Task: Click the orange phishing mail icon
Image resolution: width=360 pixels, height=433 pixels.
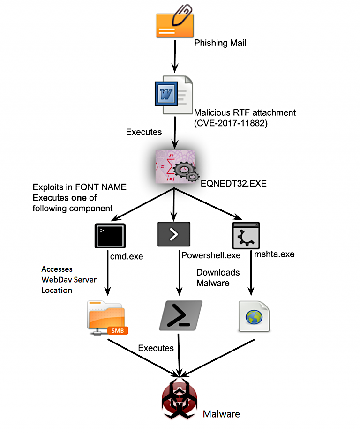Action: pos(175,25)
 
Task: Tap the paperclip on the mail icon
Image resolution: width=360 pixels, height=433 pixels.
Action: pos(182,15)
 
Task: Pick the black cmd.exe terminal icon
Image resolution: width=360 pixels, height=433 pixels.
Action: pos(110,236)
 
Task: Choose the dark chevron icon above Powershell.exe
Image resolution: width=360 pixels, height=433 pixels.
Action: pos(174,234)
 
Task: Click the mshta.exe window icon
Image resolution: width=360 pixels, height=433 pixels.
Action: pos(246,235)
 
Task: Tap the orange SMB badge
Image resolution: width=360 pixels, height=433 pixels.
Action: pos(118,330)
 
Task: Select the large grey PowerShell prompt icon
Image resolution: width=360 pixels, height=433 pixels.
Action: pos(180,315)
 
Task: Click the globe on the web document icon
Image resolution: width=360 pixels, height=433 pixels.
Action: pos(254,317)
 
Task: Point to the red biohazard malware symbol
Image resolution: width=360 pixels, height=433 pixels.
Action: pos(180,399)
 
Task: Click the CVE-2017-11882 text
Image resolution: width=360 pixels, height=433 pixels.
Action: pos(231,123)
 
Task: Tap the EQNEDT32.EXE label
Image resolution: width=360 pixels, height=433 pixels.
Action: pos(233,183)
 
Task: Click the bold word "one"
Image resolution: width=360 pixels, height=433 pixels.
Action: pos(79,198)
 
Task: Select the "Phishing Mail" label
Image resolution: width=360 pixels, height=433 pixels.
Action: pos(220,43)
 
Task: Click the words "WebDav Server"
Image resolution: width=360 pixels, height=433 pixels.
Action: pos(69,280)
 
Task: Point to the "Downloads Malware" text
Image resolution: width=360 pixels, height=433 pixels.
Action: pos(218,277)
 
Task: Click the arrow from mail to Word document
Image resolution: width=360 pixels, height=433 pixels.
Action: pos(175,56)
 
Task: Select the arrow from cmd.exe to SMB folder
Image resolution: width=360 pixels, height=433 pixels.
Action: pos(108,273)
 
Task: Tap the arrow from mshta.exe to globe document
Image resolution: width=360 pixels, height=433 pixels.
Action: pos(251,273)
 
